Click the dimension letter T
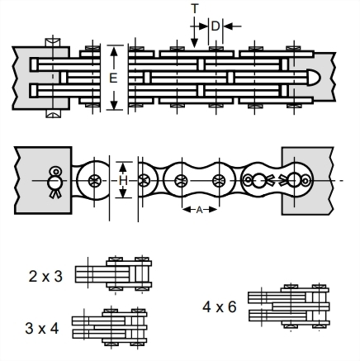click(195, 9)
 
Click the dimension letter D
click(216, 26)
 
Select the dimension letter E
click(113, 78)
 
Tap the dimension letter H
click(123, 181)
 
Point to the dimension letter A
click(200, 210)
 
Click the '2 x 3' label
click(45, 276)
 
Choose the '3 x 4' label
click(42, 328)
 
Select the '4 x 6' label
click(220, 306)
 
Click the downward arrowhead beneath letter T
click(194, 43)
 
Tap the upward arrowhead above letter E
click(114, 50)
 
